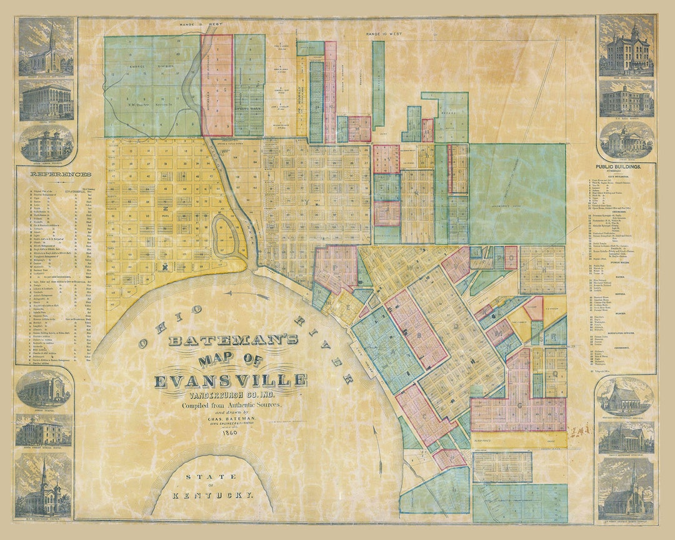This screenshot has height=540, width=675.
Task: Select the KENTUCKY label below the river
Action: [214, 494]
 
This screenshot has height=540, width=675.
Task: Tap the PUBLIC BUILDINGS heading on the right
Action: [626, 167]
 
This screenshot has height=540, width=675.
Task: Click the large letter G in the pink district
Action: [519, 406]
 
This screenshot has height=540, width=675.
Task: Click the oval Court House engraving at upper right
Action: [626, 139]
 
